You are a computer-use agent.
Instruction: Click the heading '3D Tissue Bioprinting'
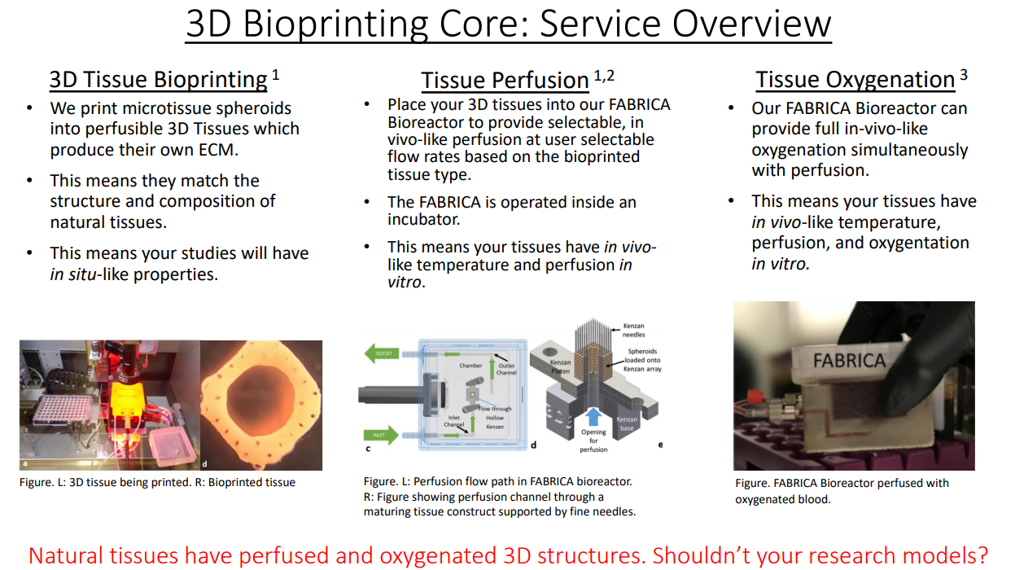[158, 79]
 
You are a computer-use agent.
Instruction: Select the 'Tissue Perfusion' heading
[505, 81]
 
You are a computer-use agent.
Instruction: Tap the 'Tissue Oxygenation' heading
[855, 79]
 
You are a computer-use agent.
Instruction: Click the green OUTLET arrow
[382, 353]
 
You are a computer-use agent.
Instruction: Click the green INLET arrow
[381, 435]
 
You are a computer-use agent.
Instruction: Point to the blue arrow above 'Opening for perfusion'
[593, 417]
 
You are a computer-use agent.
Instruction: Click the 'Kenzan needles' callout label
[633, 330]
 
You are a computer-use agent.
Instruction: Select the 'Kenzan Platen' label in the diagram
[560, 366]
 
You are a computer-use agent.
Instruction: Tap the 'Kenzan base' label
[627, 423]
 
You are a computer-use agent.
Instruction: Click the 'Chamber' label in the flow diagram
[470, 366]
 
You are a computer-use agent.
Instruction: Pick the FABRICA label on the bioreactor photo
[849, 361]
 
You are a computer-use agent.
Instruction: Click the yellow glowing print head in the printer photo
[129, 399]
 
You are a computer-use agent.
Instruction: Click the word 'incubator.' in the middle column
[424, 220]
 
